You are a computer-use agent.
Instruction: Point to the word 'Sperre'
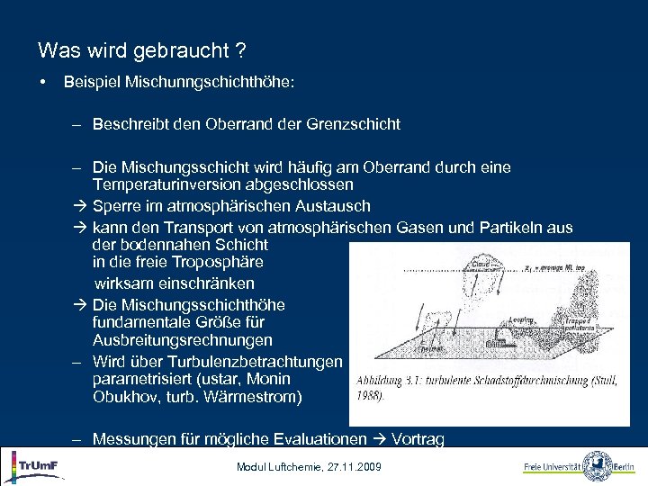click(x=114, y=206)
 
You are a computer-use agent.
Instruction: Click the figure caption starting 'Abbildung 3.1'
click(x=486, y=387)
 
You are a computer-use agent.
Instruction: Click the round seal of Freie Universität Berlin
click(x=598, y=466)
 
